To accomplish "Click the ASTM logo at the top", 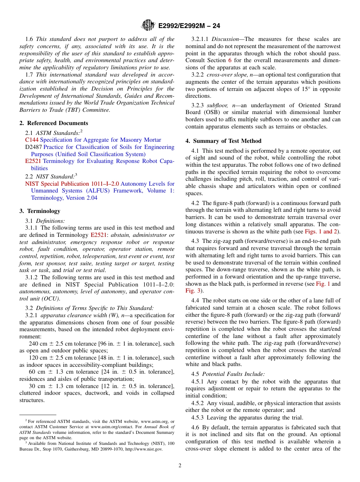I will [x=148, y=25].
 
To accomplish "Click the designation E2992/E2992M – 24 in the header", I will [x=189, y=26].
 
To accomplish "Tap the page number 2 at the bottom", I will [x=180, y=466].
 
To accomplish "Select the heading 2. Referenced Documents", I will [x=54, y=123].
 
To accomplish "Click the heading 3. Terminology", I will [x=40, y=211].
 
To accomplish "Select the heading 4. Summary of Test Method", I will [x=223, y=141].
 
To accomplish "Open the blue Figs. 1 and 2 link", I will [x=321, y=232].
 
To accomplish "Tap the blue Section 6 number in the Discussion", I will [x=229, y=60].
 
